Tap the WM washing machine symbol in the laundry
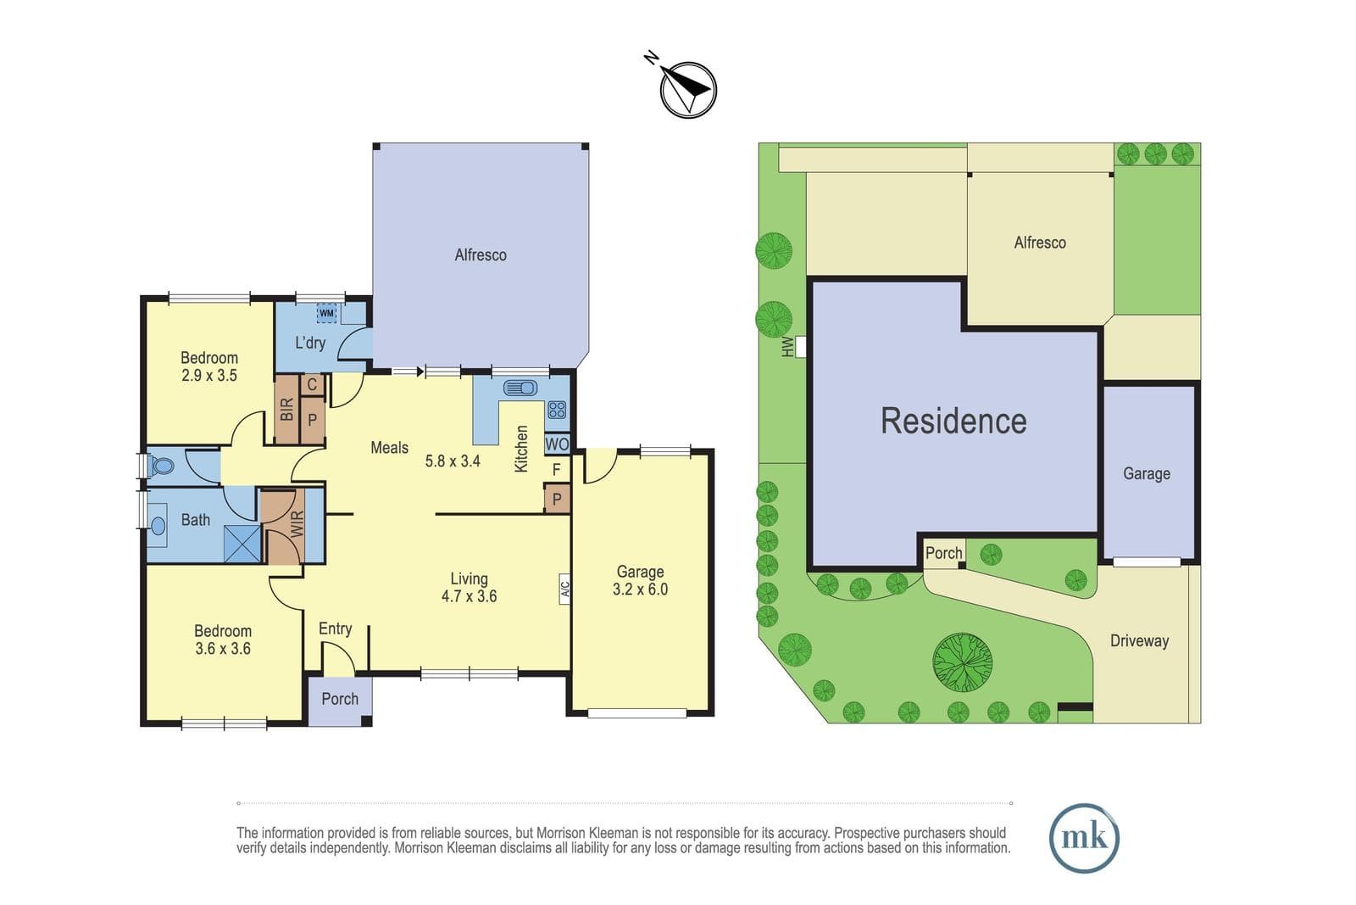click(x=326, y=313)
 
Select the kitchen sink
click(x=520, y=388)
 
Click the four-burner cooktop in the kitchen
click(x=556, y=411)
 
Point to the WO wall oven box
click(x=557, y=444)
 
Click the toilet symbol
click(x=159, y=466)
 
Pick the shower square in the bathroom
click(x=242, y=545)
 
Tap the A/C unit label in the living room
click(x=564, y=589)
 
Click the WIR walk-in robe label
click(x=297, y=524)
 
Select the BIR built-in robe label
click(x=287, y=410)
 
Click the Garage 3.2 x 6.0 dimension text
click(x=640, y=580)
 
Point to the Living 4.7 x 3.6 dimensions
click(x=470, y=588)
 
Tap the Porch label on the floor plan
click(x=340, y=699)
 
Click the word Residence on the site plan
click(x=953, y=421)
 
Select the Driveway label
click(x=1139, y=641)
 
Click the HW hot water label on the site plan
click(x=787, y=347)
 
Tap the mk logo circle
click(x=1084, y=838)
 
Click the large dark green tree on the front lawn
click(x=962, y=662)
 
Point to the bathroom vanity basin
click(x=158, y=525)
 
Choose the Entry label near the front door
click(x=335, y=628)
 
